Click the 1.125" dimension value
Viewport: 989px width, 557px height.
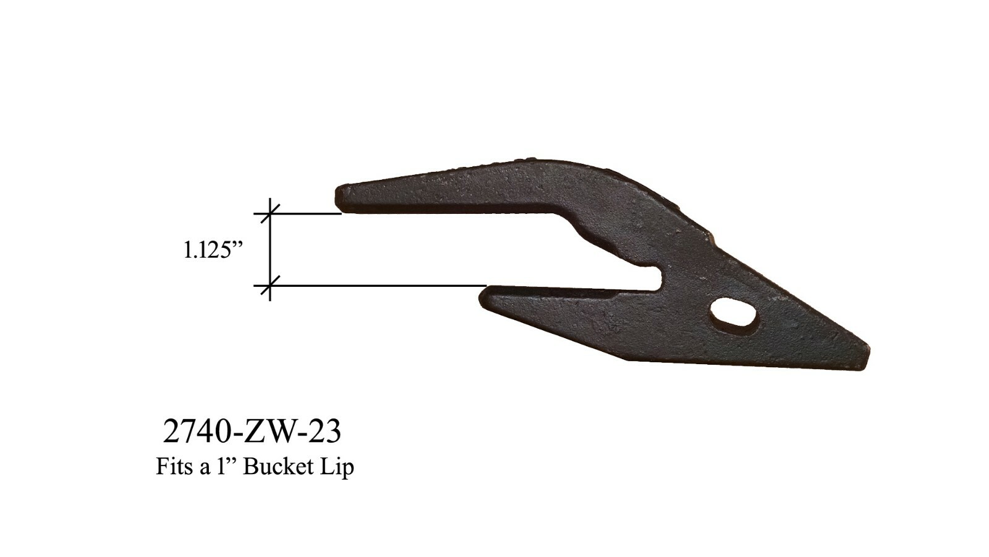[x=212, y=250]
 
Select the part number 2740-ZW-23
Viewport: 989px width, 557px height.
[x=252, y=432]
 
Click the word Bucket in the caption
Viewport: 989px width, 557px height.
[x=278, y=467]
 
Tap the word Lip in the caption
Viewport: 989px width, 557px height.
[x=337, y=467]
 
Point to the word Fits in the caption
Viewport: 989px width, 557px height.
[x=174, y=467]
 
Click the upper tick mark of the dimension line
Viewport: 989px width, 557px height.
[x=270, y=213]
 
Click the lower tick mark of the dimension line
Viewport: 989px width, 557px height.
[x=270, y=286]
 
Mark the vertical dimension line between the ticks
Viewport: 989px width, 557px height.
[x=270, y=250]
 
